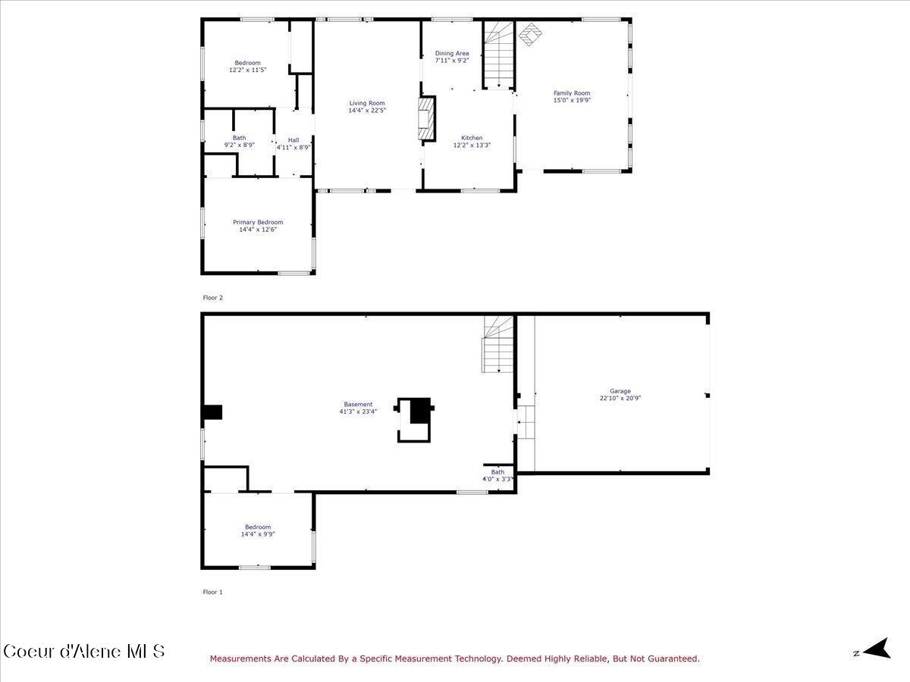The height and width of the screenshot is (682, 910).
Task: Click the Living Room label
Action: (x=367, y=103)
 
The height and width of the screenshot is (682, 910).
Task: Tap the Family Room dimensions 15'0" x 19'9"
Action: (x=572, y=100)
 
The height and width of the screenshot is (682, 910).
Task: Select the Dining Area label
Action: (x=452, y=54)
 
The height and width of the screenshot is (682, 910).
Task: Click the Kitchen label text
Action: (x=472, y=138)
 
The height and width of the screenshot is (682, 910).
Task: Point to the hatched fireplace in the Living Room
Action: (x=428, y=118)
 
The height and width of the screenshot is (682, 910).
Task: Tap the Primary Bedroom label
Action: (x=258, y=222)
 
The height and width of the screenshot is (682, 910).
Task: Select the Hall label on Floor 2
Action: (x=293, y=140)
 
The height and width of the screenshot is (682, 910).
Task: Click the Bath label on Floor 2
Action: (x=239, y=138)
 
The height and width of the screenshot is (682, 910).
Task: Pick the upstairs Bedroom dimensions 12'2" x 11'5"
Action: (x=247, y=70)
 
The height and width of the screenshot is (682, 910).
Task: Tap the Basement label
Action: (x=358, y=404)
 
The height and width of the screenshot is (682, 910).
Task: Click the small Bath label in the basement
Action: (x=497, y=472)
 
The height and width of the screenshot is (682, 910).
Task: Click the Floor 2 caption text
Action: (x=213, y=298)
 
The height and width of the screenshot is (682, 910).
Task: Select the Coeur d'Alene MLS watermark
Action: (x=83, y=651)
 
